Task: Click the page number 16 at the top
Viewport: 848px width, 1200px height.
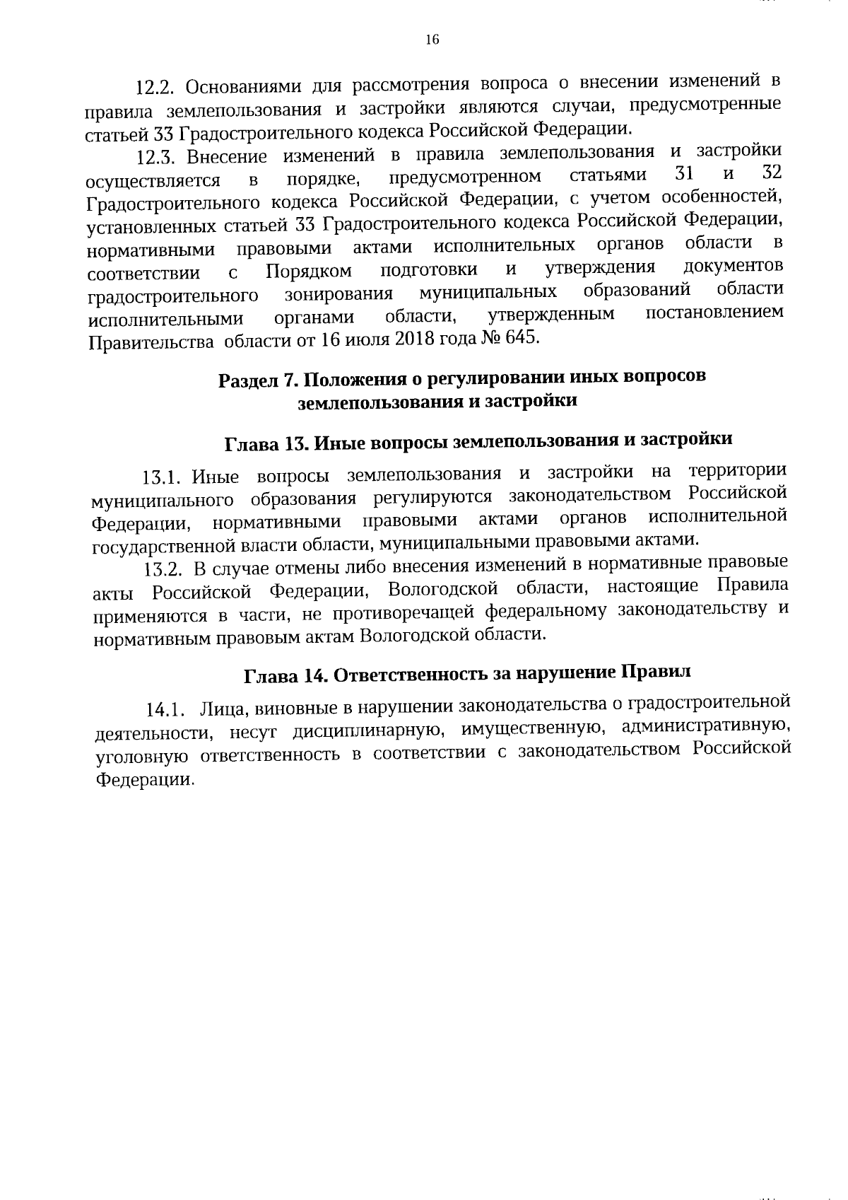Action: [x=432, y=40]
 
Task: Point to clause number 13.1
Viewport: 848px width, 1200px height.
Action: [x=163, y=479]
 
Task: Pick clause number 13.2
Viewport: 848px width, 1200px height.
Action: [x=164, y=570]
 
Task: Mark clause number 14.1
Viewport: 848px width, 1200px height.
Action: [x=166, y=709]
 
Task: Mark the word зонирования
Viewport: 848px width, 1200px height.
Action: [x=338, y=294]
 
